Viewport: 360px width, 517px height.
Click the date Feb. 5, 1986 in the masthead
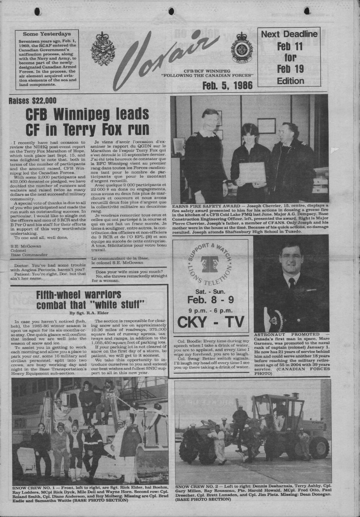[227, 85]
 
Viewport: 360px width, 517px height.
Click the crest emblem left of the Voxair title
[103, 49]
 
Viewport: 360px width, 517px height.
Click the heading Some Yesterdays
[47, 34]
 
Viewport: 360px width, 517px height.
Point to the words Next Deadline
[289, 34]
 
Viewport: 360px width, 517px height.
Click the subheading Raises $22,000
[33, 101]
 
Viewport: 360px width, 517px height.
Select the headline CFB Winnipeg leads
[87, 115]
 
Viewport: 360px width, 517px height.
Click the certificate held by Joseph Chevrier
[252, 172]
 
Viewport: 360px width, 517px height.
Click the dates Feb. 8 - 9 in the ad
[210, 300]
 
